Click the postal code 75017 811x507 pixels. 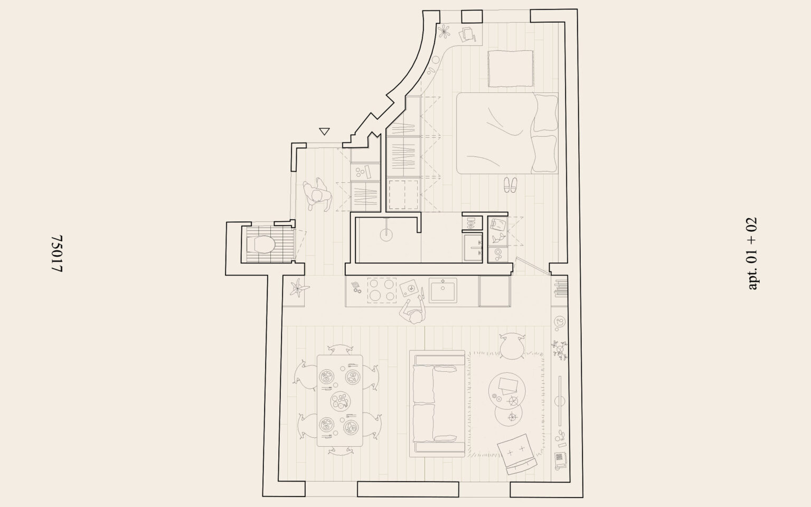click(58, 254)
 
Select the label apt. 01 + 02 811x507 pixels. click(752, 253)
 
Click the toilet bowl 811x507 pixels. click(263, 245)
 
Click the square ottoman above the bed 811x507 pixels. click(510, 68)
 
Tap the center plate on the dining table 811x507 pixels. click(340, 401)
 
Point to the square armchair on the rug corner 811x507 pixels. click(516, 454)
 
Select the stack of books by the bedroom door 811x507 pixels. click(560, 287)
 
